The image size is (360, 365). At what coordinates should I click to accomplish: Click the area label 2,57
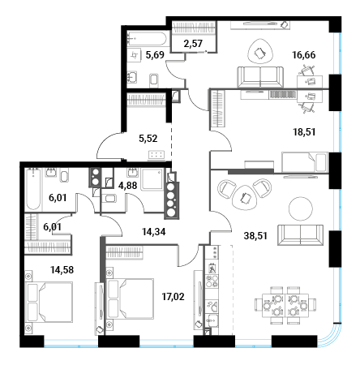click(x=193, y=43)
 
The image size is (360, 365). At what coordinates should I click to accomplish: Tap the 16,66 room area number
click(x=304, y=55)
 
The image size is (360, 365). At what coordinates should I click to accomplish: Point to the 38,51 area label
click(x=255, y=236)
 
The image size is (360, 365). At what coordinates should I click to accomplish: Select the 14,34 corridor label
click(x=154, y=232)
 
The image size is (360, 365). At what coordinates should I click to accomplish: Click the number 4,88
click(x=128, y=186)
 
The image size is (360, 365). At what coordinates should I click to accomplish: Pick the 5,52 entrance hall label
click(x=148, y=139)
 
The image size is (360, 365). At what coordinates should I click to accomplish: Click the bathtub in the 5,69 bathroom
click(x=146, y=39)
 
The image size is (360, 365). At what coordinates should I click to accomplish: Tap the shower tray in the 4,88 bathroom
click(x=152, y=179)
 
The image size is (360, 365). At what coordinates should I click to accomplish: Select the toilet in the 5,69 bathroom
click(x=154, y=80)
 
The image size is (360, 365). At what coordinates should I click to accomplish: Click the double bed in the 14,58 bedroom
click(x=50, y=302)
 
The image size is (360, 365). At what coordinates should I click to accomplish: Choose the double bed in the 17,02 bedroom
click(x=131, y=298)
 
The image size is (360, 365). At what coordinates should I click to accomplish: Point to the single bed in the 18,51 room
click(x=305, y=161)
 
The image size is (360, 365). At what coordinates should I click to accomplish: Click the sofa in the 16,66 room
click(x=260, y=77)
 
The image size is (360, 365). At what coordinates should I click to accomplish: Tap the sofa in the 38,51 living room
click(x=301, y=235)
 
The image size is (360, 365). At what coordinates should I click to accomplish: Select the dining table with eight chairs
click(x=285, y=306)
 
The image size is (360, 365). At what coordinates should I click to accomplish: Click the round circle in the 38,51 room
click(x=301, y=208)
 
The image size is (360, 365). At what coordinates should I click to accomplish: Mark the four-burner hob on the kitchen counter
click(x=212, y=281)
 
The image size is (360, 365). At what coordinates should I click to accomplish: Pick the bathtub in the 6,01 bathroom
click(x=33, y=189)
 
